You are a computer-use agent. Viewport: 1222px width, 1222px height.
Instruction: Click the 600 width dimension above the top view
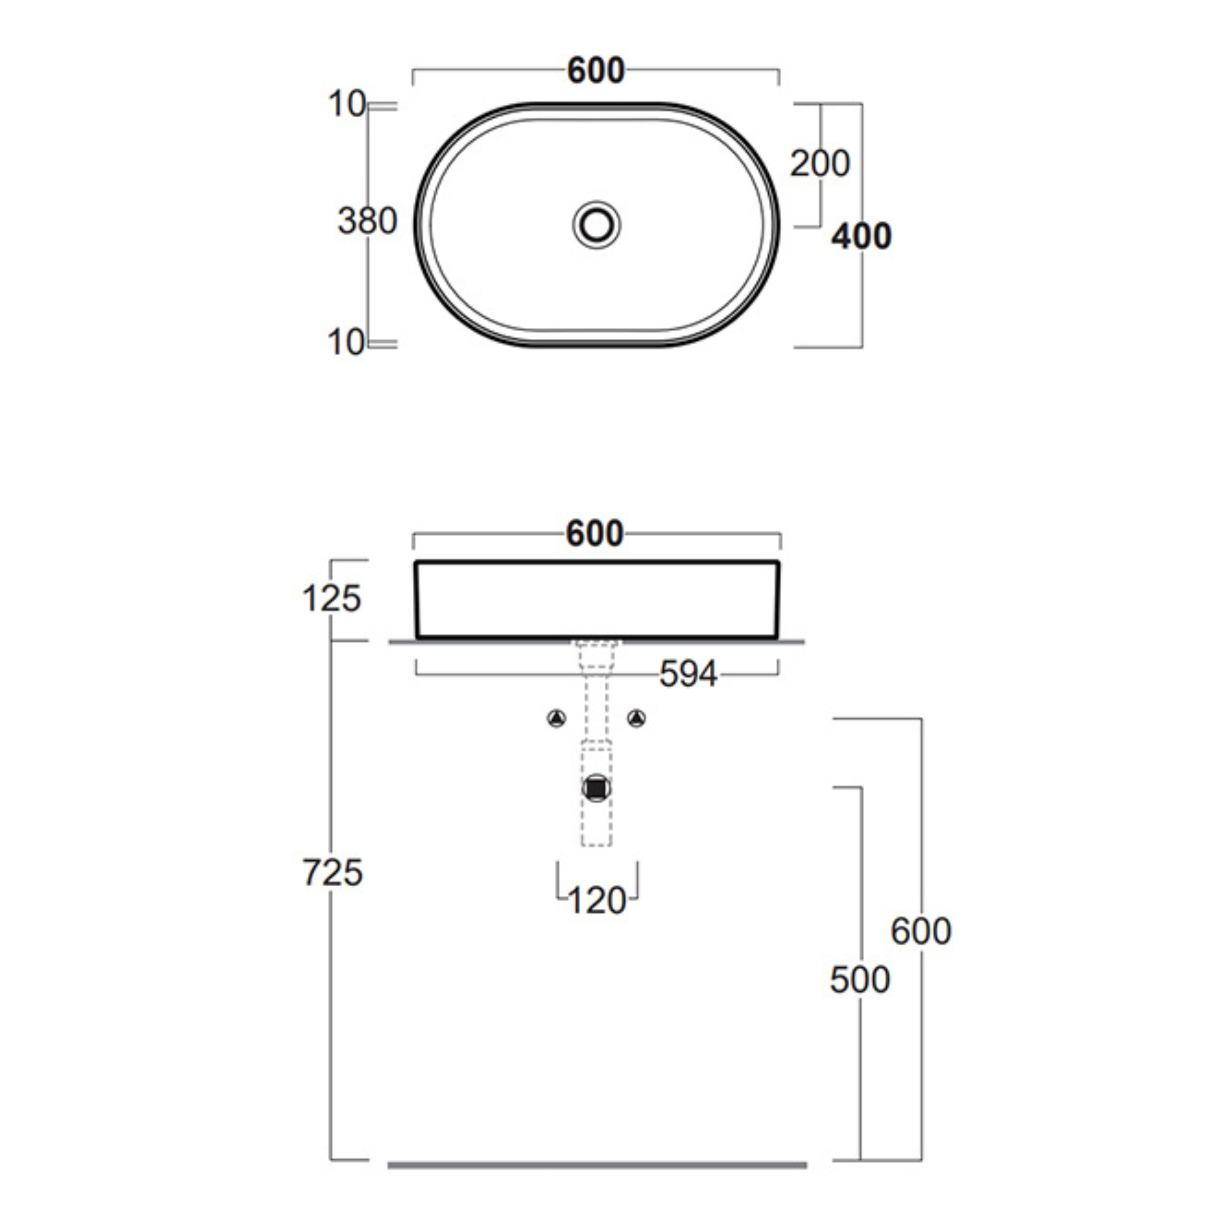[596, 70]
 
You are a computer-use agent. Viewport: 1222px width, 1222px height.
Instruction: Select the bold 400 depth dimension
[861, 236]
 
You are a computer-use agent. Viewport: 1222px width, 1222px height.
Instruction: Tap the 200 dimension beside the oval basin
[820, 164]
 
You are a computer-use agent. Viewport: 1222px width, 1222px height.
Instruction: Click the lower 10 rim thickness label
[347, 343]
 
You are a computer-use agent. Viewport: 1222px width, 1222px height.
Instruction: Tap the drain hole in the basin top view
[596, 224]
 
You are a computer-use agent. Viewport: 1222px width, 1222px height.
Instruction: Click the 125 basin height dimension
[331, 599]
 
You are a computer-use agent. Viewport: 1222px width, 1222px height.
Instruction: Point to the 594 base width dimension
[688, 674]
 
